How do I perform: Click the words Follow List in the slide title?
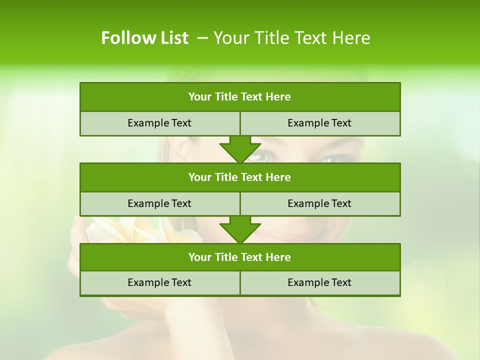[144, 38]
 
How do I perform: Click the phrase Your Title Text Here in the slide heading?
[292, 38]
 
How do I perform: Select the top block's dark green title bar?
[240, 97]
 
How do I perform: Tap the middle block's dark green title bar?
[240, 177]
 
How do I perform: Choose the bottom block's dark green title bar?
[240, 257]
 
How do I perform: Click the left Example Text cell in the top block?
[159, 123]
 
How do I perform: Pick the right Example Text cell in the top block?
[320, 123]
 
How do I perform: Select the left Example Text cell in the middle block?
[159, 203]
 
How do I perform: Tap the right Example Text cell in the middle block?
[320, 203]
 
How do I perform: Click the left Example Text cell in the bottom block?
[159, 282]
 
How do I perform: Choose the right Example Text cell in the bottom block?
[320, 282]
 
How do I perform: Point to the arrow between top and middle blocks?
[240, 149]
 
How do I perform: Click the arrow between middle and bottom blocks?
[240, 229]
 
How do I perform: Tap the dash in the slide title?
[202, 38]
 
